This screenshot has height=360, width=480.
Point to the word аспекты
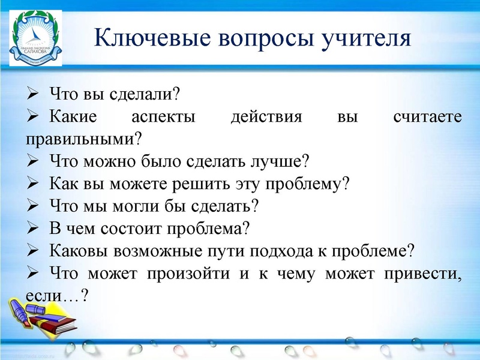point(163,116)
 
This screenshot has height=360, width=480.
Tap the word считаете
point(428,116)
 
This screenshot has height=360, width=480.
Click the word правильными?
point(84,139)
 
